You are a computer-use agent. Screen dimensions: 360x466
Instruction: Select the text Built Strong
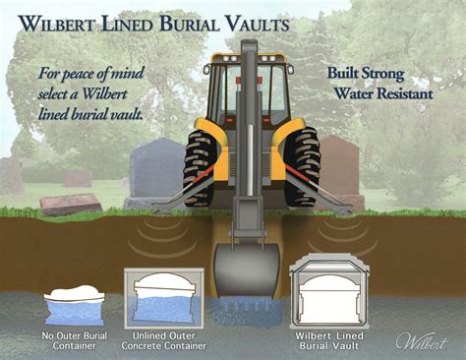370,74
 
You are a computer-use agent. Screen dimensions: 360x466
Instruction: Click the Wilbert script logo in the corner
425,340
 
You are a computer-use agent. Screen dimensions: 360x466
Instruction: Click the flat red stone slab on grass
71,204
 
